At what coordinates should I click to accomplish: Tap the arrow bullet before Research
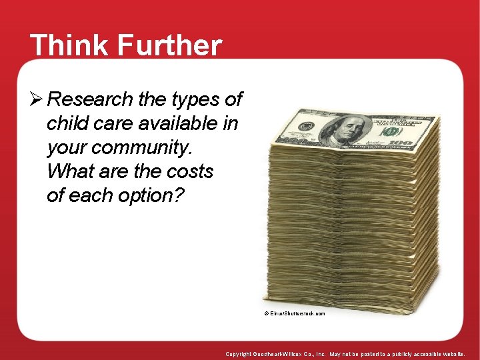pos(37,100)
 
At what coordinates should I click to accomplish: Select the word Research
pos(91,100)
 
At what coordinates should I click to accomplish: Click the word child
pos(65,124)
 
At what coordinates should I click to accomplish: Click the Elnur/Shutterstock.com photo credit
pos(295,313)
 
